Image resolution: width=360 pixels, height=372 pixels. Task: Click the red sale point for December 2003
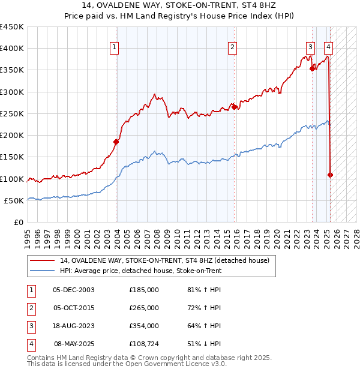tap(116, 142)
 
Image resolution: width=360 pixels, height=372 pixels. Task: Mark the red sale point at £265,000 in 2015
tap(235, 107)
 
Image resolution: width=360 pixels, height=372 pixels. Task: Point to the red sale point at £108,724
tap(331, 175)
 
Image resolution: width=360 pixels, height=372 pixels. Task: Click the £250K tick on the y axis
tap(12, 113)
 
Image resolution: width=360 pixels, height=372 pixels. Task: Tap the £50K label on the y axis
tap(14, 200)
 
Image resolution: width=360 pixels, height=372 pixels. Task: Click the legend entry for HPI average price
tap(140, 271)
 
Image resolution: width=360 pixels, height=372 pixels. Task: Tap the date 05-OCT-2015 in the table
tap(74, 308)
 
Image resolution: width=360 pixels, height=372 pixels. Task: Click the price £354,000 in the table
tap(144, 326)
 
